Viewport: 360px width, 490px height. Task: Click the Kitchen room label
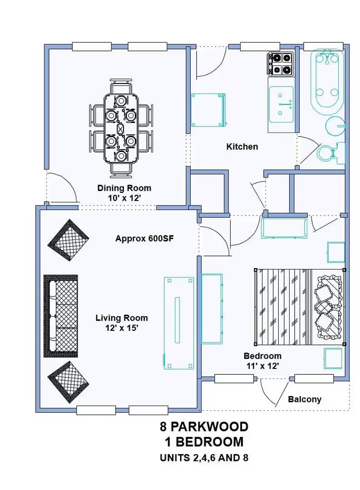[242, 147]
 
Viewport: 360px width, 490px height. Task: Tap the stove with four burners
[280, 64]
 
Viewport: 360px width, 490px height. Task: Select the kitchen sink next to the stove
[281, 104]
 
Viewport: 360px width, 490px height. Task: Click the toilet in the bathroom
[331, 153]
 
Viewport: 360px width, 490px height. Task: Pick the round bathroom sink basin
[335, 126]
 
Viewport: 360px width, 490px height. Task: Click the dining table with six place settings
[121, 128]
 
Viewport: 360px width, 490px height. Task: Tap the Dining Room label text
[124, 188]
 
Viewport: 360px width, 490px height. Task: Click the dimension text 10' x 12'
[124, 198]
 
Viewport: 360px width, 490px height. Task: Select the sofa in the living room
[61, 316]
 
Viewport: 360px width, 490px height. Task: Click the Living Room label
[122, 318]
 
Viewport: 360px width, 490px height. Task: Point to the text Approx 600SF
[144, 239]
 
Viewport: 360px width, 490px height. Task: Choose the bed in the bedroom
[300, 307]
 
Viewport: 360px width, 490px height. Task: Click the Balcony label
[305, 399]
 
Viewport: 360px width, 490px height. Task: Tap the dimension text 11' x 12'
[263, 366]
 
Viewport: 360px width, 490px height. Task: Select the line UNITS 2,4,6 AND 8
[204, 458]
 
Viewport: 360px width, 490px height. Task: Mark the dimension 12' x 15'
[122, 328]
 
